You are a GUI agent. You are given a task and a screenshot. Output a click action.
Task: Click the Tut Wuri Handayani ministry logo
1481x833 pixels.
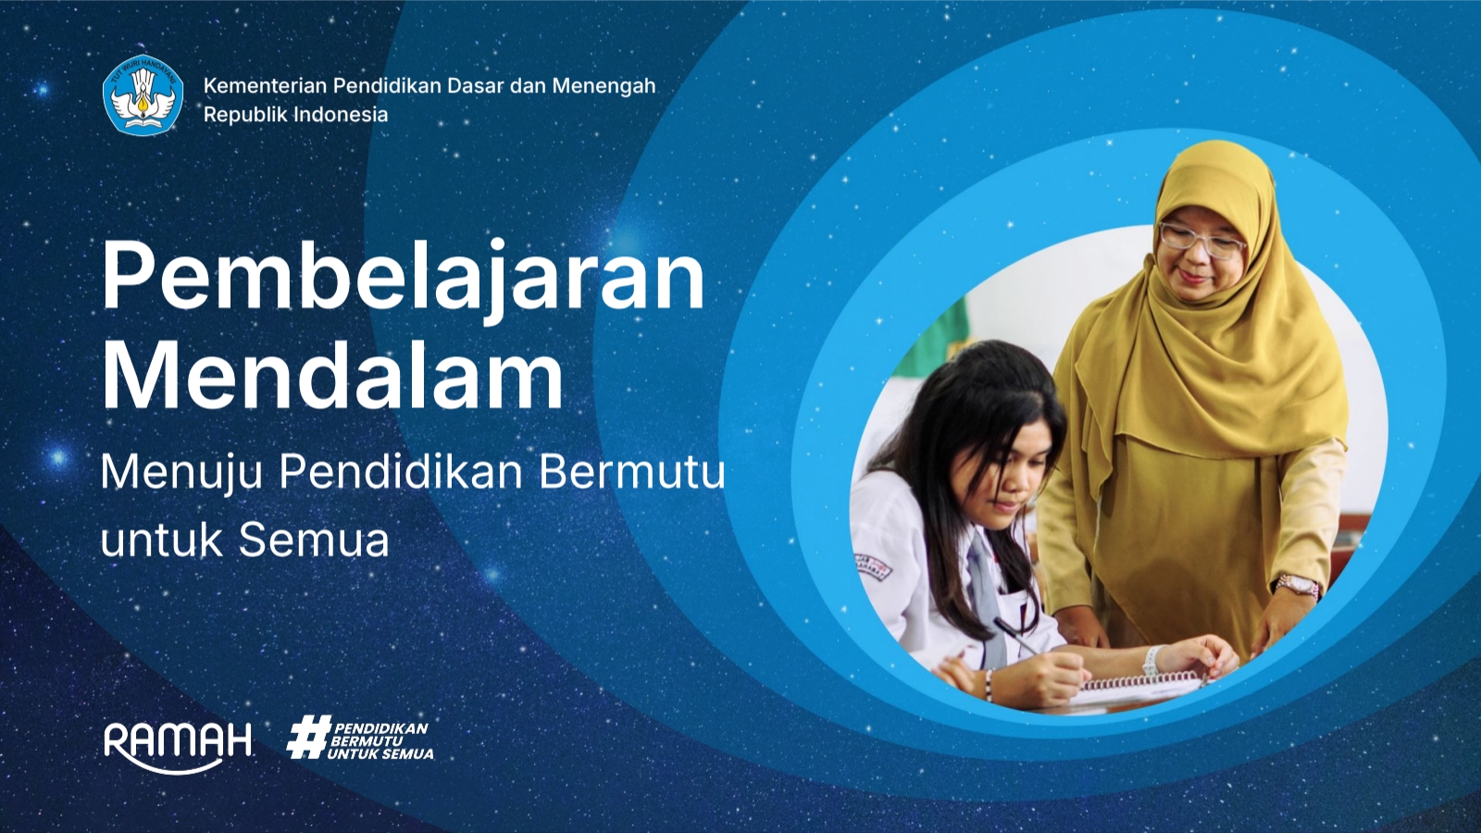143,95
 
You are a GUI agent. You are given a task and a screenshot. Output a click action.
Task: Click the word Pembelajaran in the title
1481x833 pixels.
403,276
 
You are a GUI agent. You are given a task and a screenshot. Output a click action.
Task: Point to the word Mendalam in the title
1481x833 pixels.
332,376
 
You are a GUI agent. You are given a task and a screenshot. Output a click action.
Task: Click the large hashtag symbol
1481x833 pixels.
307,738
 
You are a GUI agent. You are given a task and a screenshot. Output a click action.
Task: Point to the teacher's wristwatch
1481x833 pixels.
1297,586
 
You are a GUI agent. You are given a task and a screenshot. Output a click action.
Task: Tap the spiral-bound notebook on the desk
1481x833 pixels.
1143,686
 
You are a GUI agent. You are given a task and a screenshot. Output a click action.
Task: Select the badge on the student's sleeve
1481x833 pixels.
872,566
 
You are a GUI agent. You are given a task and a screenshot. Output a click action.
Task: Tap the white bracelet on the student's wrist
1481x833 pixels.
1151,661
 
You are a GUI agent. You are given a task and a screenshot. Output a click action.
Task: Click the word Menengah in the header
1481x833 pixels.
604,86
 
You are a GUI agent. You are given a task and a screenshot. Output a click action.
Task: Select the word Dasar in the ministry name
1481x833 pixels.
475,86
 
